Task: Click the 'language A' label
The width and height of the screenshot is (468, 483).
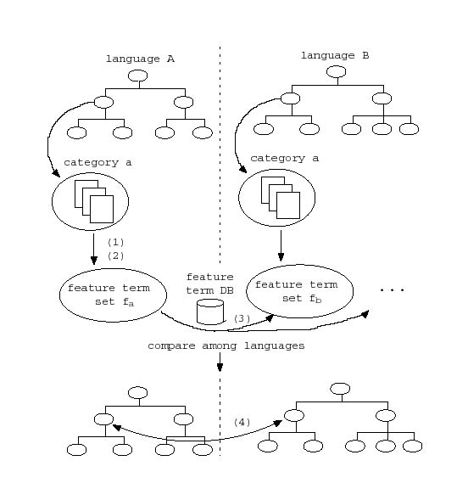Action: click(x=140, y=59)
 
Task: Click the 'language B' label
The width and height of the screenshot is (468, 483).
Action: click(x=335, y=56)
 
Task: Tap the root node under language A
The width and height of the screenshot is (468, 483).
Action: click(x=137, y=76)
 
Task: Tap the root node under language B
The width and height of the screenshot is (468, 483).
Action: click(x=336, y=72)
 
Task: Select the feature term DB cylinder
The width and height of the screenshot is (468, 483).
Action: click(x=210, y=312)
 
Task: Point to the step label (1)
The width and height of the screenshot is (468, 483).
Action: click(x=115, y=243)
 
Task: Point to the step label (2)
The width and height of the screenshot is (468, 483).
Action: click(x=115, y=256)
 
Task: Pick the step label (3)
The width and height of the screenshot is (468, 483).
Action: click(x=242, y=318)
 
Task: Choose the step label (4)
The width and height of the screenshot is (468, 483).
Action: click(x=242, y=423)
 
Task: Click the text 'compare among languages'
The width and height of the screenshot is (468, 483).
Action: click(x=226, y=346)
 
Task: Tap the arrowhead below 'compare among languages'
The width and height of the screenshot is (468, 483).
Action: click(x=220, y=368)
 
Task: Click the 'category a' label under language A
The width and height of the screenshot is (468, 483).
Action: click(x=97, y=162)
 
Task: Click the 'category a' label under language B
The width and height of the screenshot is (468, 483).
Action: click(x=284, y=159)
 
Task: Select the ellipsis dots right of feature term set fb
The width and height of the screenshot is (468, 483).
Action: click(x=392, y=289)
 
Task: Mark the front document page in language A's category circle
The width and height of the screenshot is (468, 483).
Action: click(x=102, y=209)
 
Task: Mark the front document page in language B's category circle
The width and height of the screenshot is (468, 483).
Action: click(x=288, y=205)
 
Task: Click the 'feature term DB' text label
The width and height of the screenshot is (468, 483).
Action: click(x=210, y=284)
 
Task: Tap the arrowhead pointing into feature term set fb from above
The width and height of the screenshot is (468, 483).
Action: click(x=281, y=257)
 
